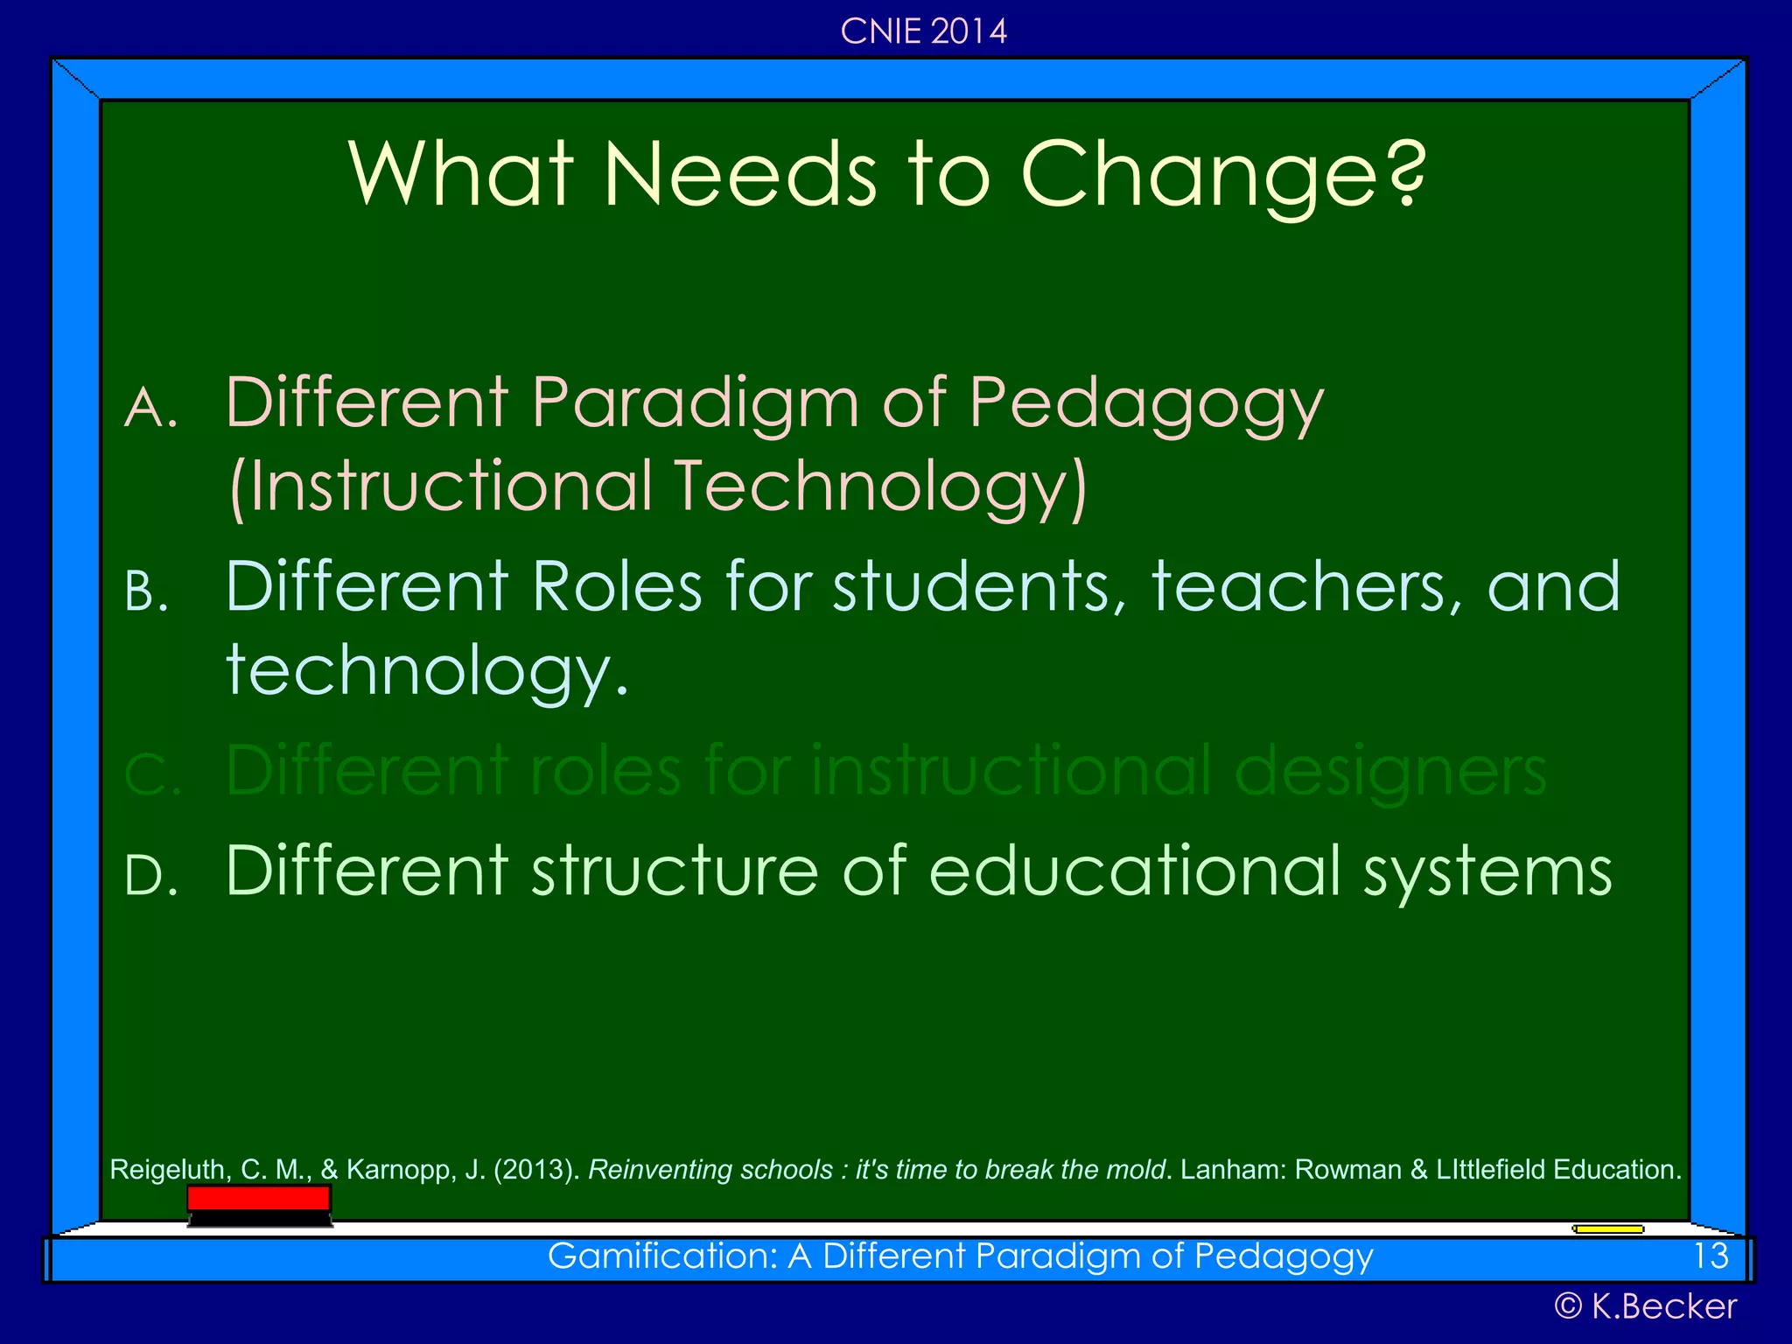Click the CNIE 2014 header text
coord(923,31)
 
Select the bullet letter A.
coord(150,408)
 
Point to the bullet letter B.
coord(146,591)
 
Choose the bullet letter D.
coord(150,875)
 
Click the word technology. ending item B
coord(427,670)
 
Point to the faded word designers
coord(1390,773)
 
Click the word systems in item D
coord(1487,872)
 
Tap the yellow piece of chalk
coord(1607,1229)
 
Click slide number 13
coord(1711,1256)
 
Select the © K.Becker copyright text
coord(1645,1306)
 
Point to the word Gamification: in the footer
coord(662,1256)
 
